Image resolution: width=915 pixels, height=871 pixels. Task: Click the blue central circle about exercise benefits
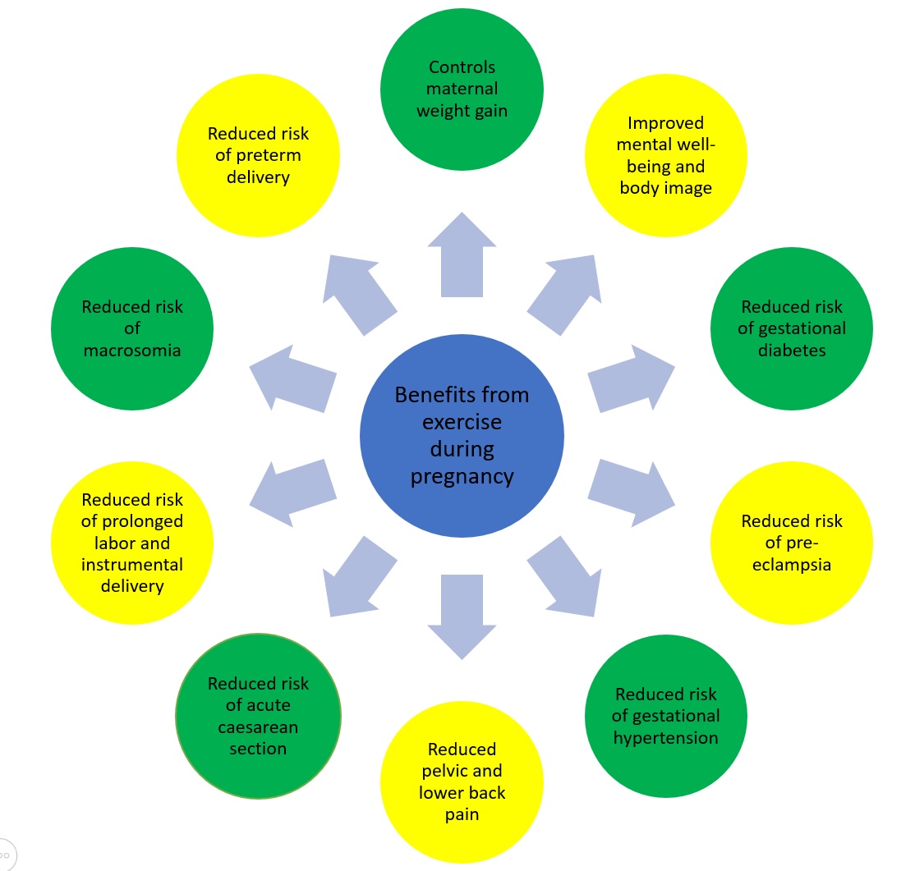click(462, 436)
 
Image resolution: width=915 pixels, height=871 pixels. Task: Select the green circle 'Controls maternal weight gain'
click(462, 89)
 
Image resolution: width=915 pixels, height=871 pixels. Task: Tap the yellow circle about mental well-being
click(665, 156)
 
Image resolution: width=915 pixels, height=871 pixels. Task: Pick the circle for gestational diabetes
click(792, 328)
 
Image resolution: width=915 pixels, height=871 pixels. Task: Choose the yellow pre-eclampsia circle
click(792, 543)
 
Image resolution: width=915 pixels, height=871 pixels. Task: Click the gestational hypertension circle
click(665, 716)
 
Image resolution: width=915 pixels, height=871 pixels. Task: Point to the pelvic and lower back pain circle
click(462, 782)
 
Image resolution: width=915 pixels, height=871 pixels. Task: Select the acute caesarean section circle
click(258, 716)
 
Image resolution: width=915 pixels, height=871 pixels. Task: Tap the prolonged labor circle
click(132, 543)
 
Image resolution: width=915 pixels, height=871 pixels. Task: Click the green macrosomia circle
click(132, 328)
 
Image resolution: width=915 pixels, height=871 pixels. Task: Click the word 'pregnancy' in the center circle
click(462, 477)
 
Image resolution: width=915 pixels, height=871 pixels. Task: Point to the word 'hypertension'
click(665, 737)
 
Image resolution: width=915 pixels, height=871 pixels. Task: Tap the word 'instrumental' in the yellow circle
click(132, 565)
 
